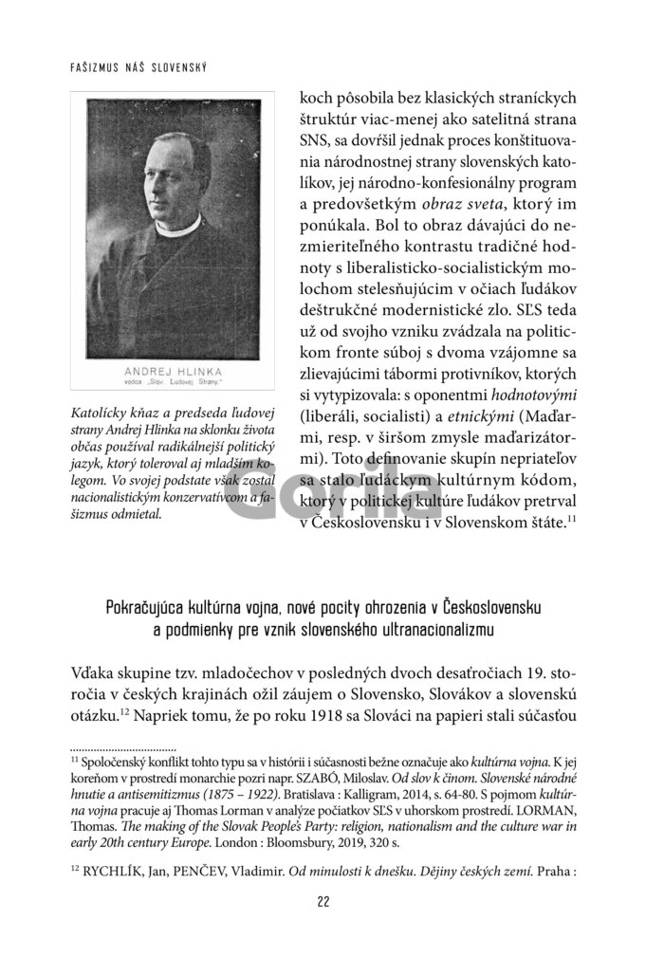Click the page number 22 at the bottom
323,928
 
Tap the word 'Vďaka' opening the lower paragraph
94,674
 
